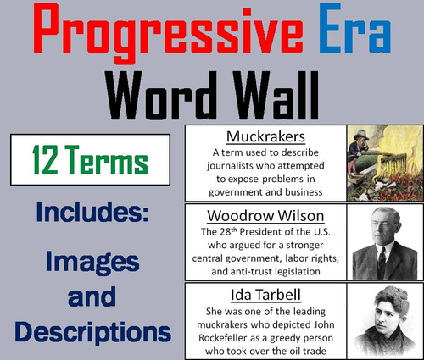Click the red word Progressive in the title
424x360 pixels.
click(161, 35)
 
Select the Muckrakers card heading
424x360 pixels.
click(260, 137)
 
